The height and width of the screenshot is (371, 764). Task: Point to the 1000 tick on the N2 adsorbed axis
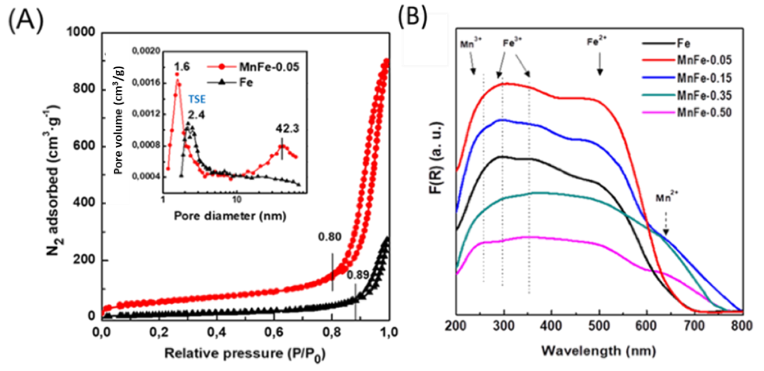(81, 32)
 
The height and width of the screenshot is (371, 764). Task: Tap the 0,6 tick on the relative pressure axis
(274, 332)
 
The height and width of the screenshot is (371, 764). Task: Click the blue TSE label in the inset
(197, 99)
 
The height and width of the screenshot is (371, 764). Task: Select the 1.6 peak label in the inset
(182, 67)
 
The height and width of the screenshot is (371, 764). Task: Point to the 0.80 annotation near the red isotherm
(329, 237)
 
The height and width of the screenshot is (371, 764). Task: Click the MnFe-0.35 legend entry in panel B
(704, 95)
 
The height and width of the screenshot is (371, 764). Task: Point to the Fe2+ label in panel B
(597, 41)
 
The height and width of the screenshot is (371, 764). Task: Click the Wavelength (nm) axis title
(599, 351)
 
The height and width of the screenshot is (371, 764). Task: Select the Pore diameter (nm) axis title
(230, 216)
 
